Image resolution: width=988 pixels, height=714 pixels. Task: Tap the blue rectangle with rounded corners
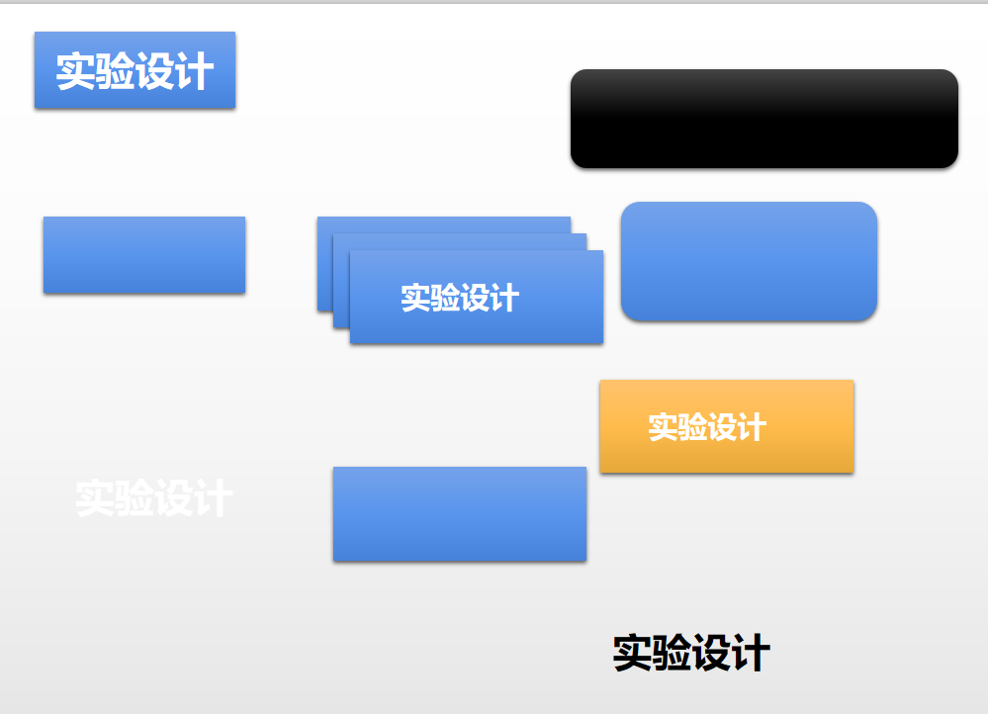[x=749, y=261]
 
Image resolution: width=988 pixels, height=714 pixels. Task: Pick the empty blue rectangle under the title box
[x=143, y=254]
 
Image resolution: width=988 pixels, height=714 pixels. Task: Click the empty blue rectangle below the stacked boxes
[x=460, y=514]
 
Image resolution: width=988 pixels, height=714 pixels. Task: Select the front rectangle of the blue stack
[x=476, y=321]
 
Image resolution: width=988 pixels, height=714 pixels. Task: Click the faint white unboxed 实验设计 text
[x=154, y=498]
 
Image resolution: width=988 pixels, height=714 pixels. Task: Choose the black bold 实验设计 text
[x=691, y=654]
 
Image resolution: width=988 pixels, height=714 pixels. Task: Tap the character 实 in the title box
[x=75, y=71]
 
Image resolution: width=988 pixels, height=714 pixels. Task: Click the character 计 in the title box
[x=195, y=71]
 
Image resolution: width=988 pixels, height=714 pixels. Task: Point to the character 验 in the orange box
[x=692, y=427]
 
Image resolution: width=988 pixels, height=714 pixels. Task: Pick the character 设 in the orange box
[x=722, y=427]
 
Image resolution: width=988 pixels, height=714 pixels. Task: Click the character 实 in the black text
[x=633, y=654]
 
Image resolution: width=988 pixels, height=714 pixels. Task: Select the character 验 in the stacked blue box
[x=445, y=298]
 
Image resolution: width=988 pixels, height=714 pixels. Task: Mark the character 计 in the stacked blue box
[x=504, y=298]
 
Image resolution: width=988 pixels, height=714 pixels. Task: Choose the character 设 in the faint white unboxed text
[x=174, y=498]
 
